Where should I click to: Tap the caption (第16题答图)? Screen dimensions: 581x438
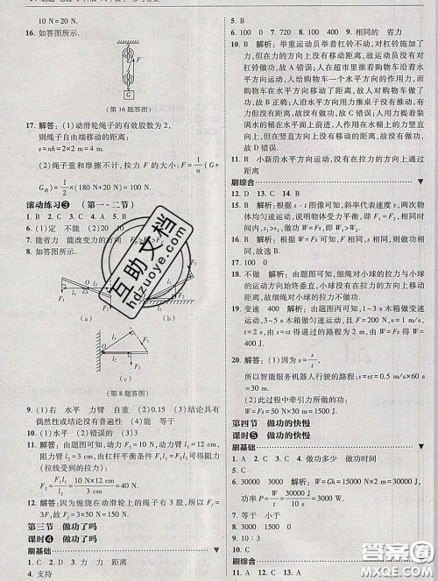pos(129,109)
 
